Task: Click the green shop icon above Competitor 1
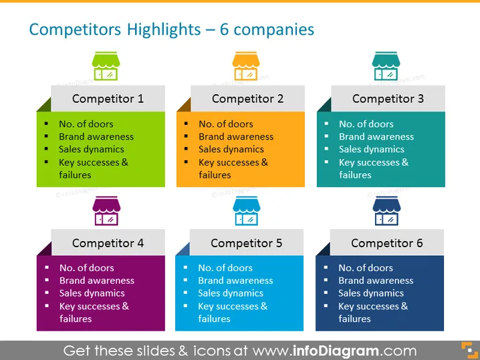(x=106, y=66)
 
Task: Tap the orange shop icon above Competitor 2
(x=246, y=66)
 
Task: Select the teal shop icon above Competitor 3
(x=386, y=66)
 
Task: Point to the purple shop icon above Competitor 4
(x=106, y=211)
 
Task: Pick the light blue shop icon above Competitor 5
(x=247, y=211)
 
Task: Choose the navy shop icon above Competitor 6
(x=386, y=211)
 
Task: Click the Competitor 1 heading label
(x=108, y=99)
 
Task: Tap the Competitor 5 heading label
(x=247, y=243)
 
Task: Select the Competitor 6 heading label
(x=387, y=243)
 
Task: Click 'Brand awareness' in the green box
(x=96, y=137)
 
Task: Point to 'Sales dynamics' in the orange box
(x=231, y=149)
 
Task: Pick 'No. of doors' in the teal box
(x=366, y=124)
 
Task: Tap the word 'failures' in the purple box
(x=76, y=319)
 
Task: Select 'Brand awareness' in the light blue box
(x=235, y=281)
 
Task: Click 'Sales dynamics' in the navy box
(x=371, y=293)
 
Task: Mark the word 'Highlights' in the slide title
(x=164, y=30)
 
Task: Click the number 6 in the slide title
(x=224, y=29)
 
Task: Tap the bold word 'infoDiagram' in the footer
(x=336, y=351)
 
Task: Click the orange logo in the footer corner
(x=469, y=350)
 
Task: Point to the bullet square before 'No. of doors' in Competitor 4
(x=47, y=267)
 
